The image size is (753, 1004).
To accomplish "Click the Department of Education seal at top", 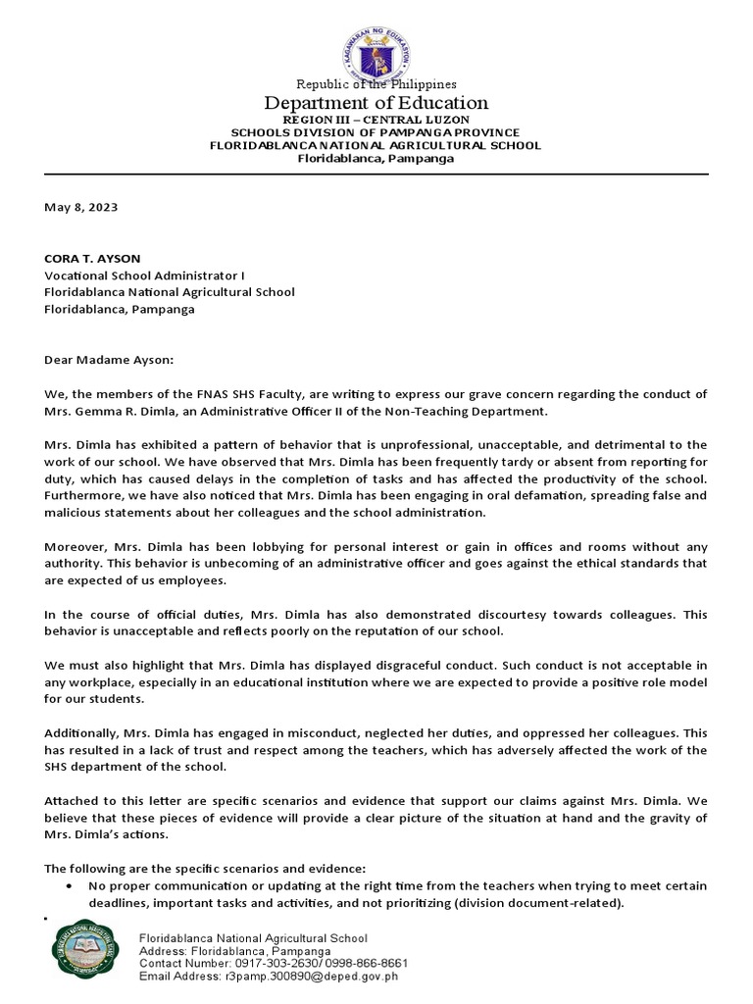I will coord(376,57).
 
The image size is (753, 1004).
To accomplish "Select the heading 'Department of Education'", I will coord(376,103).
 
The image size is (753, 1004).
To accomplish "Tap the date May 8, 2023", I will coord(81,207).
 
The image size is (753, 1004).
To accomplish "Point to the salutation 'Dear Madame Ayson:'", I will coord(108,360).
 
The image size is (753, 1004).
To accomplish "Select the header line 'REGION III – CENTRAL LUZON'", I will coord(376,120).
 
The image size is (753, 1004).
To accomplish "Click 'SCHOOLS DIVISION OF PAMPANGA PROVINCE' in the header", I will coord(376,132).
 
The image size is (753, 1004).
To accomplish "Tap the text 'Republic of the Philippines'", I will coord(376,84).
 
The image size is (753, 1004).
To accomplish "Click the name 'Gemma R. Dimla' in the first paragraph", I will coord(123,411).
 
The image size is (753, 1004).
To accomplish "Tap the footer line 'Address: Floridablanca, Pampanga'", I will coord(235,951).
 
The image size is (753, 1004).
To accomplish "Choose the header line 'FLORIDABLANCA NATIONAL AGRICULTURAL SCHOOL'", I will coord(376,145).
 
